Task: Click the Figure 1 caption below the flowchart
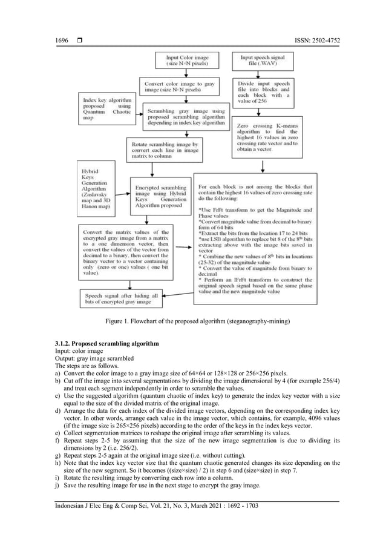tap(192, 321)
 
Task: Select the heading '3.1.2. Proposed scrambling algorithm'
tap(107, 344)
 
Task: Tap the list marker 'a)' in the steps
tap(57, 373)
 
